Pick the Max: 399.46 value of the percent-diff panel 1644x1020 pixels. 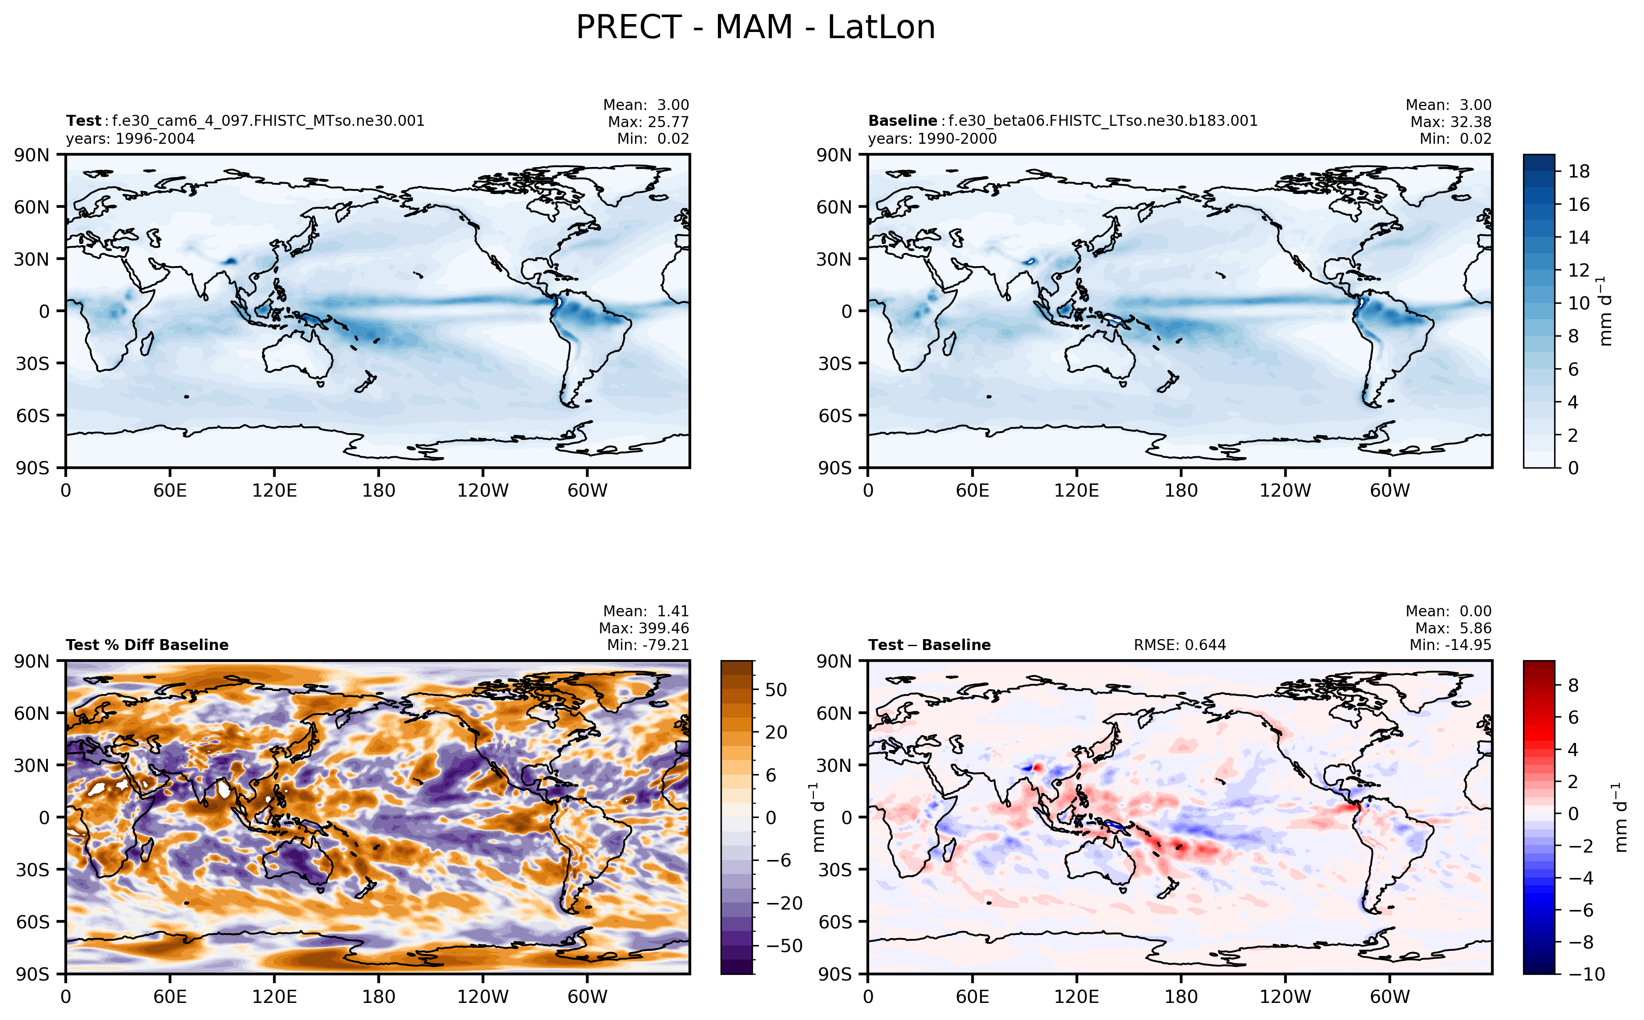tap(644, 629)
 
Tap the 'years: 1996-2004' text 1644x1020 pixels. tap(130, 139)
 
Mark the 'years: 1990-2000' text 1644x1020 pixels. tap(932, 139)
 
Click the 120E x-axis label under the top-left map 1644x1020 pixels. tap(274, 491)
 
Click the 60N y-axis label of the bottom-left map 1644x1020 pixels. tap(32, 713)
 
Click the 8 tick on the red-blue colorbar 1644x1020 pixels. tap(1573, 686)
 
